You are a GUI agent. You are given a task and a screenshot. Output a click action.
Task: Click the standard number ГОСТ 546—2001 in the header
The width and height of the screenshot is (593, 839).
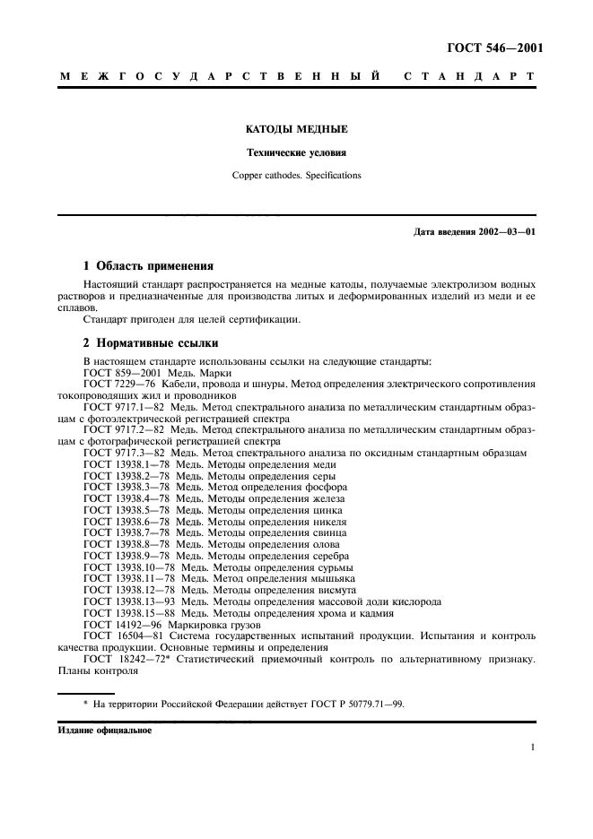tap(494, 49)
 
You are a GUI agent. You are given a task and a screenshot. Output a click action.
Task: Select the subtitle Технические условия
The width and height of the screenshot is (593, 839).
tap(296, 152)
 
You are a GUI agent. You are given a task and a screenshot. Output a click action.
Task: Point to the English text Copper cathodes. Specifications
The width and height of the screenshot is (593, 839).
tap(296, 176)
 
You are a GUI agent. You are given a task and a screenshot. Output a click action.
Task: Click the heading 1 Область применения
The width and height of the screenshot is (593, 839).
tap(148, 266)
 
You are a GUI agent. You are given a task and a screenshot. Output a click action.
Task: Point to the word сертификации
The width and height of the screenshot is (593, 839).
tap(265, 318)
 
